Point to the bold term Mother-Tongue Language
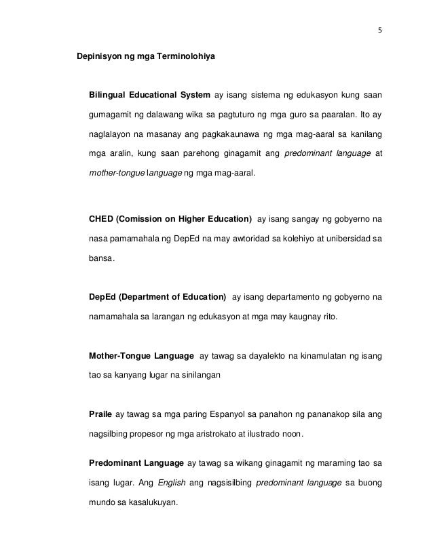click(139, 356)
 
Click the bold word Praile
click(101, 413)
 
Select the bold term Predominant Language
click(136, 464)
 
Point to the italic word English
click(170, 484)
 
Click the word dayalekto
click(253, 356)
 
